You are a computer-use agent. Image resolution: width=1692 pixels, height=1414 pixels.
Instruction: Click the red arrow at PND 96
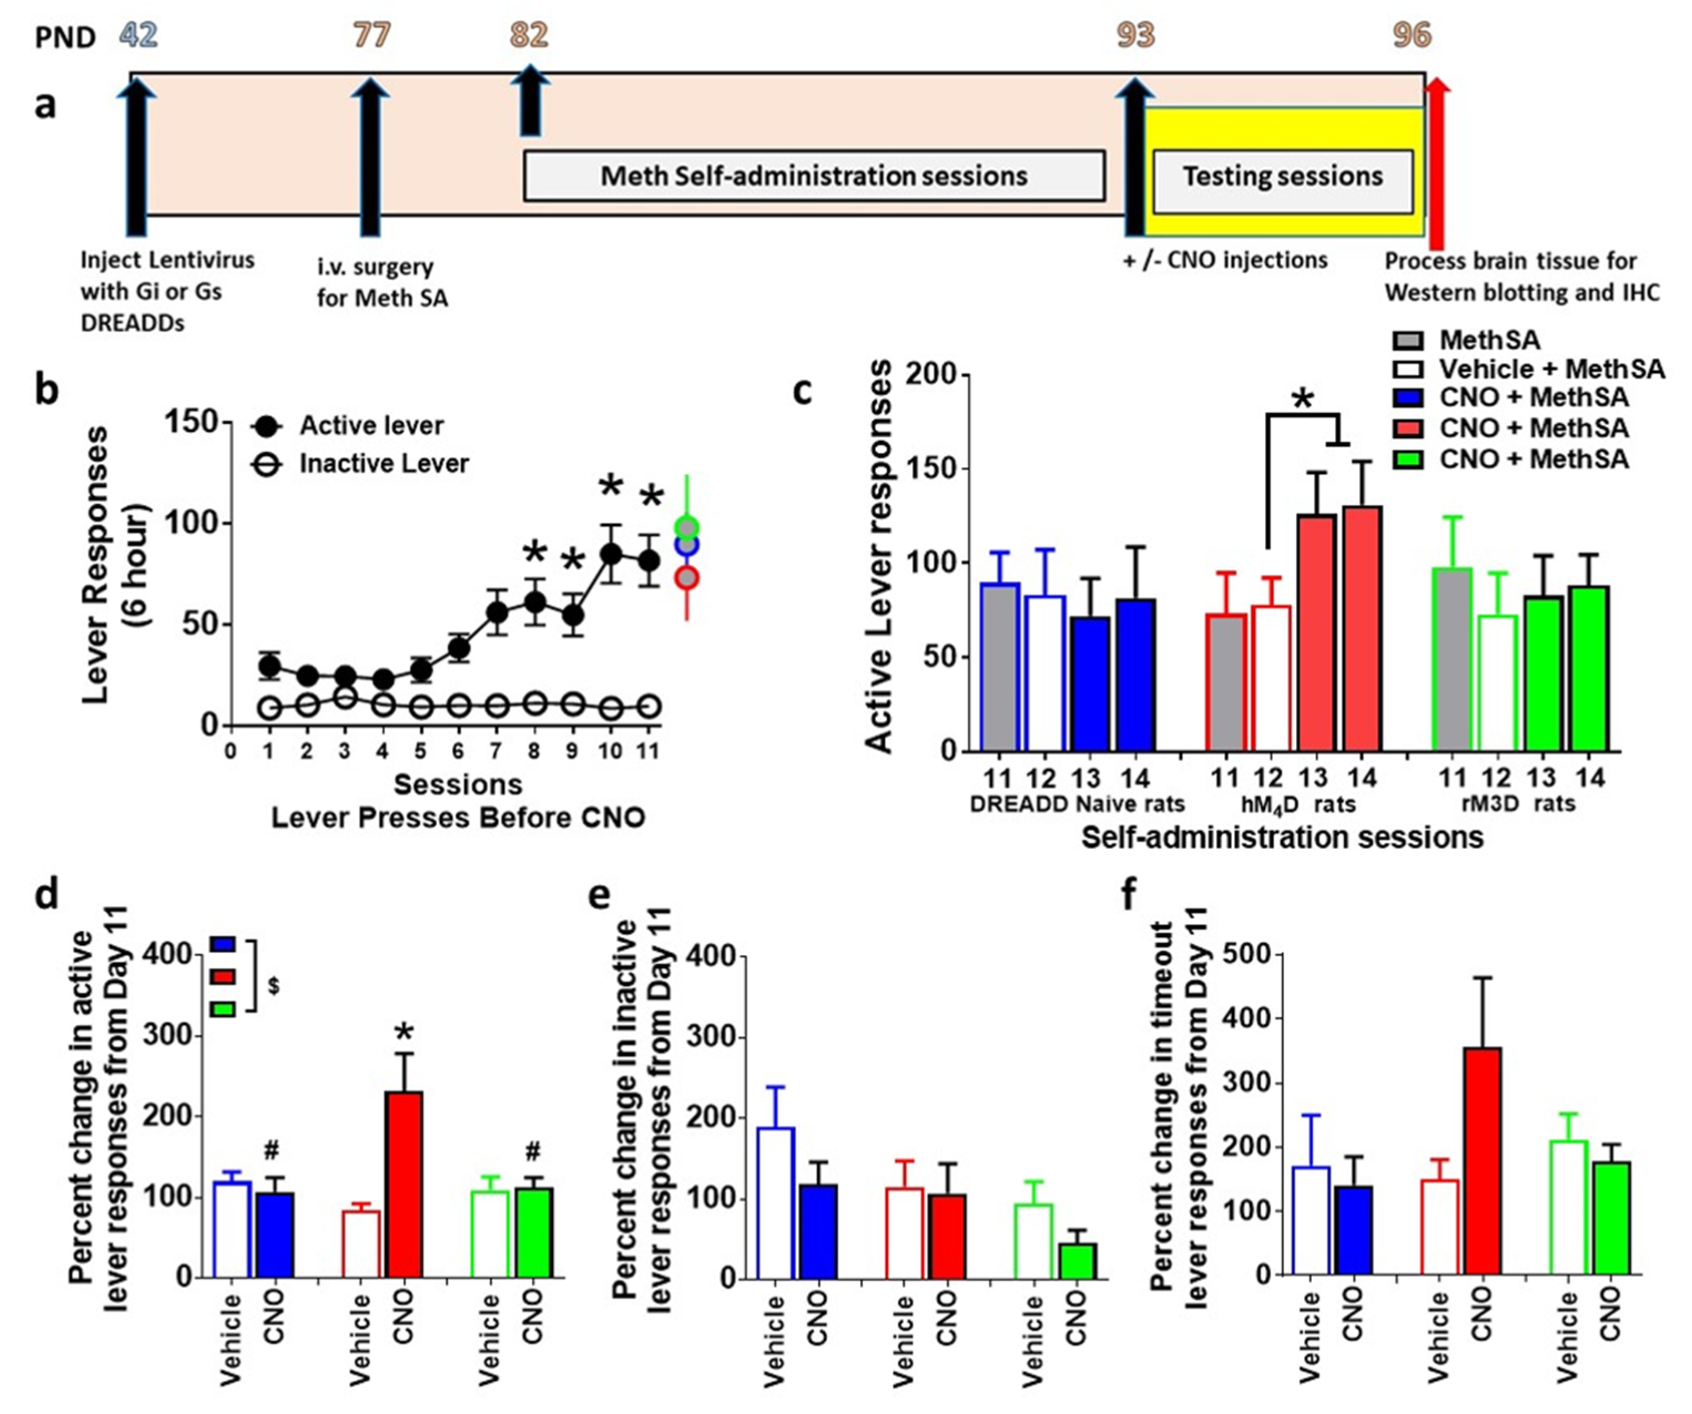coord(1436,161)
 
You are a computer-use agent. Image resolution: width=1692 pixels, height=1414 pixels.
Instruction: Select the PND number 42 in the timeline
coord(138,35)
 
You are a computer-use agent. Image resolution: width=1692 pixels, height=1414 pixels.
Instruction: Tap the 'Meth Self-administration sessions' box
coord(814,176)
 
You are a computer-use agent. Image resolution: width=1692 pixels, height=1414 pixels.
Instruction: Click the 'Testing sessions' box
coord(1283,176)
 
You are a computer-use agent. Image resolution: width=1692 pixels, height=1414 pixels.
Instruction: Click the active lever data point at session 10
coord(611,554)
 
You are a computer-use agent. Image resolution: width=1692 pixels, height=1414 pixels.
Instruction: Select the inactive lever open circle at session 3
coord(345,698)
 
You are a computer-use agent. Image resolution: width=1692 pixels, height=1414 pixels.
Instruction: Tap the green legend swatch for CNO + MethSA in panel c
coord(1408,460)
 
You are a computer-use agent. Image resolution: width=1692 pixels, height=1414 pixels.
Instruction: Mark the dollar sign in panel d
coord(274,986)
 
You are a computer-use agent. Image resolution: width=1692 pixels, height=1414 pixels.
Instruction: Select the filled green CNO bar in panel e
coord(1077,1261)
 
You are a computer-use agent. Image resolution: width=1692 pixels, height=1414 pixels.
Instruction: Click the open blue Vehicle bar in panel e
coord(776,1203)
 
